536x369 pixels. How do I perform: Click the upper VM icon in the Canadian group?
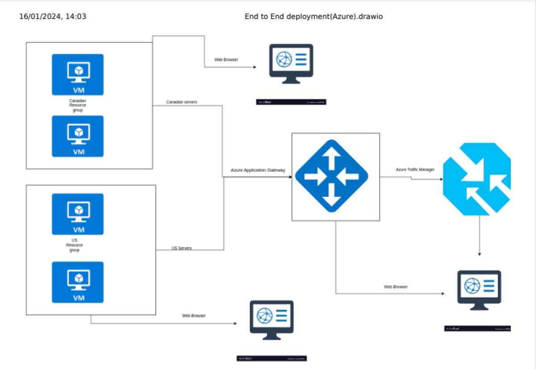78,75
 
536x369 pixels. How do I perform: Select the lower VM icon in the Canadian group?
78,136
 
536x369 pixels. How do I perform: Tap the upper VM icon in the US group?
78,214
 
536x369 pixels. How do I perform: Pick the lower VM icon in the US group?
78,282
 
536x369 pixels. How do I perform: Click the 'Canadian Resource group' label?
78,105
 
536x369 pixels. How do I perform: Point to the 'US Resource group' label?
75,245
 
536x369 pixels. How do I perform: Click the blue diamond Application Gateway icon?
331,176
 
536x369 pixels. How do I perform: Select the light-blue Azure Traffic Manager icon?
477,179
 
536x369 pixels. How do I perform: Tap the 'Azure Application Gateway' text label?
258,170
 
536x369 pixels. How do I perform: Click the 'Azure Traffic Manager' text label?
415,170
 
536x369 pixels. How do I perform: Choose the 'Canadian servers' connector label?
181,102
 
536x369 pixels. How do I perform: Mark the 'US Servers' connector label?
182,248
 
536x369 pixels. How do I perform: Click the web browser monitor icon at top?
291,63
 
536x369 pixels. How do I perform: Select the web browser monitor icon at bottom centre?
272,320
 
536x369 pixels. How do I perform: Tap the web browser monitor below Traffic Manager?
479,290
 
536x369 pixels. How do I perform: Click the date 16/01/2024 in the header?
40,17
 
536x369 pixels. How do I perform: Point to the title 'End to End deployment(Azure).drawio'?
314,17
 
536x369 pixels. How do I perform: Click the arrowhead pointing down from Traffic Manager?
479,254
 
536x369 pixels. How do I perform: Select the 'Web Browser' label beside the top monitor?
226,59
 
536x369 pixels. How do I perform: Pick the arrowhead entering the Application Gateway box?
290,177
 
